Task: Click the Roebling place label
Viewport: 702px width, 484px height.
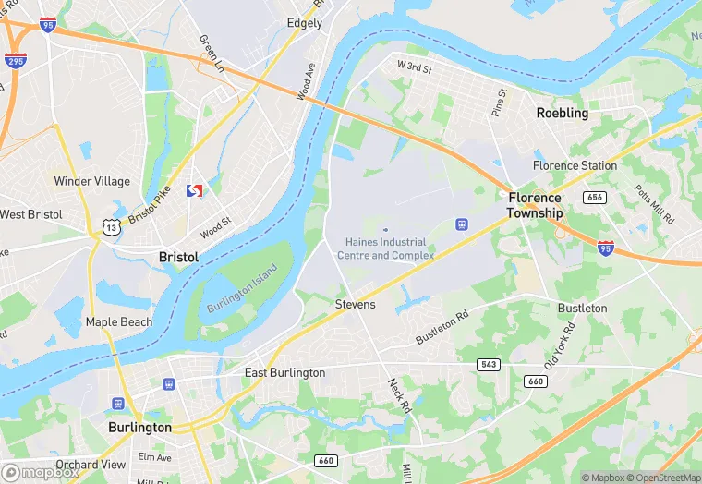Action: [x=562, y=113]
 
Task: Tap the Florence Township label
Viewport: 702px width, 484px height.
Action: [x=534, y=205]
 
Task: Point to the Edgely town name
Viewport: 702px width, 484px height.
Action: [x=305, y=23]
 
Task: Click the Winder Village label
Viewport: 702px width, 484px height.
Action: [x=86, y=181]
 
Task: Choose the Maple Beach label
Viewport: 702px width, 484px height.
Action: [x=118, y=322]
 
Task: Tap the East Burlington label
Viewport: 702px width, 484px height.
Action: [x=284, y=373]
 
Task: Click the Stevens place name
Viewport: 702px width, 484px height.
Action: [x=355, y=304]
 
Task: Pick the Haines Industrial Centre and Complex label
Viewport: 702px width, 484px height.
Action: [x=385, y=248]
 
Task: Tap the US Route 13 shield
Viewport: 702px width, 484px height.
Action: [x=110, y=225]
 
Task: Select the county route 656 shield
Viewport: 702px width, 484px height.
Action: [x=595, y=197]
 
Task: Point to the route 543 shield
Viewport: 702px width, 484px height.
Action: [x=490, y=365]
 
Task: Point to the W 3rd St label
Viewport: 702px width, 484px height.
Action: [x=414, y=67]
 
